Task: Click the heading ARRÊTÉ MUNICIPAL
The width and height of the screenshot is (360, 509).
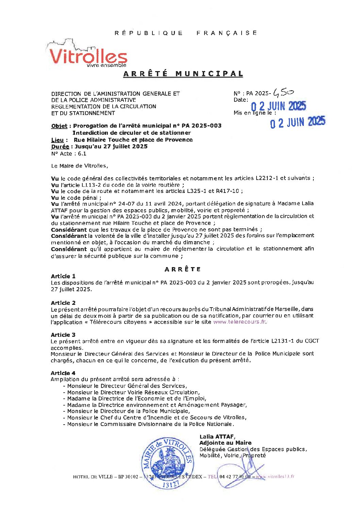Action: [183, 74]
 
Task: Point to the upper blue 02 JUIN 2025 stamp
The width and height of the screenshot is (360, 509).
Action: [278, 106]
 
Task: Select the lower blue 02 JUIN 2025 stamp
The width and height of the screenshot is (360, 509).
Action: [298, 122]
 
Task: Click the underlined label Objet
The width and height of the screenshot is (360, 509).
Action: [59, 126]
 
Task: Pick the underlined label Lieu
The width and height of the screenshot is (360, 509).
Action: [57, 140]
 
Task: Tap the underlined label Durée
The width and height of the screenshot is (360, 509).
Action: [60, 147]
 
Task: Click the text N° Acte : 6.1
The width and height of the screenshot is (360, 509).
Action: [68, 153]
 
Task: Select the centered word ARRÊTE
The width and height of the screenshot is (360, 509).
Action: [183, 269]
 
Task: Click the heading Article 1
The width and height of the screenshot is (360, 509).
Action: [63, 276]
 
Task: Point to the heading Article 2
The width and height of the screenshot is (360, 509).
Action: [63, 303]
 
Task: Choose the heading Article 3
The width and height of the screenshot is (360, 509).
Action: [63, 335]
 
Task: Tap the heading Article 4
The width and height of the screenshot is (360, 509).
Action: [63, 373]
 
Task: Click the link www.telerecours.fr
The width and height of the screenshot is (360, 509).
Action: [240, 322]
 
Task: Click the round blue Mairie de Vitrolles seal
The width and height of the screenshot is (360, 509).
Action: [168, 463]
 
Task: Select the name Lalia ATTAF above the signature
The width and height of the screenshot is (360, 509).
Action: [217, 437]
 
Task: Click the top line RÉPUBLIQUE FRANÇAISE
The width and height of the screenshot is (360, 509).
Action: [186, 33]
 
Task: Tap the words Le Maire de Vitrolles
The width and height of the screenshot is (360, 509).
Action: [79, 166]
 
